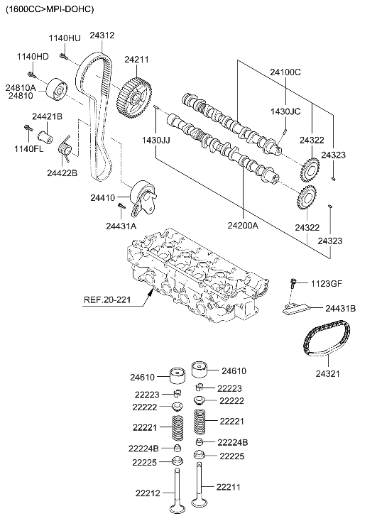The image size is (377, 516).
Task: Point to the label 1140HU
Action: pos(64,37)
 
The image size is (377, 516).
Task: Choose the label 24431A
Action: pos(121,226)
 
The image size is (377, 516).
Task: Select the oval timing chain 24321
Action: pos(324,344)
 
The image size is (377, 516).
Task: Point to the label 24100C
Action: pos(285,72)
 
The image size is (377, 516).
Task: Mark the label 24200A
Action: pos(244,226)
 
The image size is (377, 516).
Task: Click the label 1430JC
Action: pos(286,111)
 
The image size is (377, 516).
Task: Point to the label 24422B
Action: pos(62,172)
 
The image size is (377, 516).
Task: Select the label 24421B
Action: pos(47,116)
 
